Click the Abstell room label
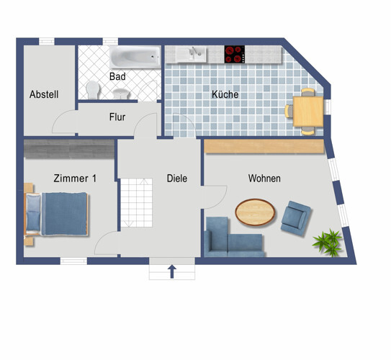pyautogui.click(x=44, y=94)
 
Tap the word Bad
pyautogui.click(x=117, y=76)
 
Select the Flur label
pyautogui.click(x=117, y=117)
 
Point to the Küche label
pyautogui.click(x=225, y=94)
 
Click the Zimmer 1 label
pyautogui.click(x=75, y=179)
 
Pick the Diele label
pyautogui.click(x=177, y=179)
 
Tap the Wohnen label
pyautogui.click(x=264, y=179)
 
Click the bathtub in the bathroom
pyautogui.click(x=135, y=57)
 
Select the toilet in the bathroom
pyautogui.click(x=92, y=90)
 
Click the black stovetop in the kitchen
pyautogui.click(x=235, y=54)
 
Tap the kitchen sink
pyautogui.click(x=192, y=54)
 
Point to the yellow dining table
pyautogui.click(x=308, y=111)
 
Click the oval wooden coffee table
pyautogui.click(x=255, y=212)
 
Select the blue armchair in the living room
pyautogui.click(x=296, y=218)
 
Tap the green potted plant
pyautogui.click(x=328, y=242)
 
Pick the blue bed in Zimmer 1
pyautogui.click(x=56, y=214)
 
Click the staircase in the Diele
pyautogui.click(x=136, y=202)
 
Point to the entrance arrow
pyautogui.click(x=172, y=271)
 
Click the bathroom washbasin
pyautogui.click(x=121, y=94)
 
